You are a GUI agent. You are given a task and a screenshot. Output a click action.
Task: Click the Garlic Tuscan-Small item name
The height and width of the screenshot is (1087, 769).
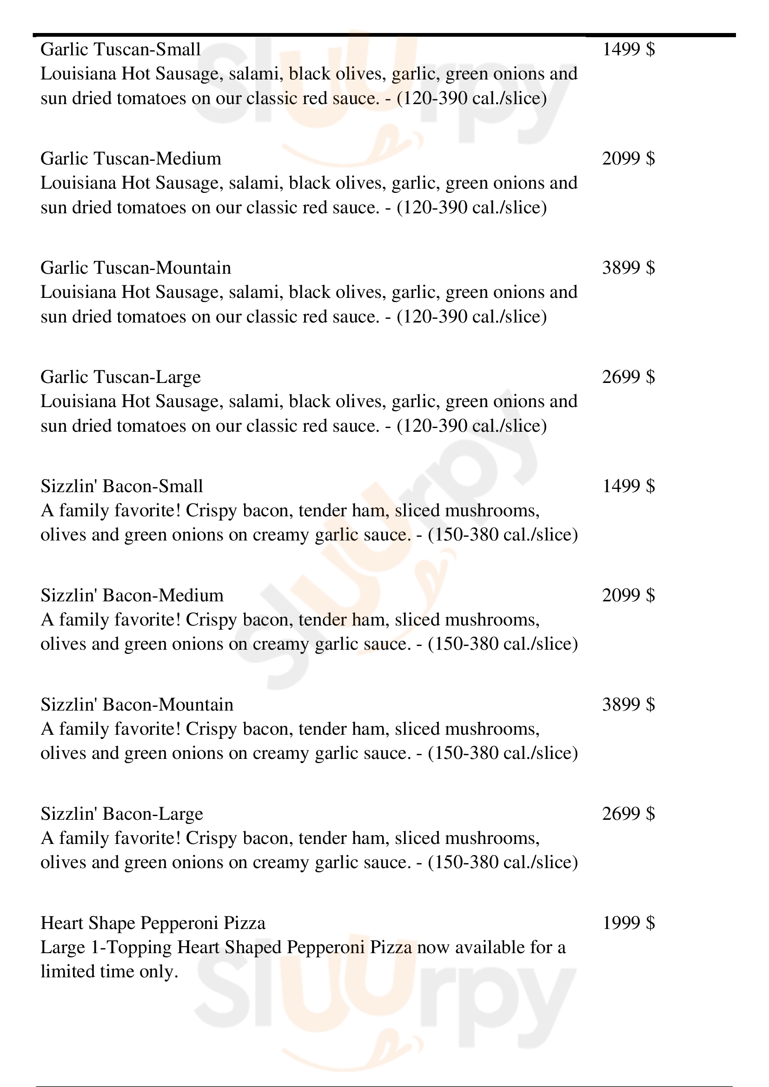point(120,49)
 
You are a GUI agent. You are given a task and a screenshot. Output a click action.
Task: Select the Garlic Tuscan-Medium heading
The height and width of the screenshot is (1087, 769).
point(131,158)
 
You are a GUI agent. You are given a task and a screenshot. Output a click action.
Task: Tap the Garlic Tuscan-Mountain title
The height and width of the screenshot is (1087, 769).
point(135,268)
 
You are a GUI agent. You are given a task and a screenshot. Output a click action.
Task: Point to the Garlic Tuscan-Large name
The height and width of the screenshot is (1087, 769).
point(120,377)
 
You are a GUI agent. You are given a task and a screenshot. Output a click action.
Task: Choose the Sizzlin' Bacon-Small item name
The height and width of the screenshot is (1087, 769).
point(122,486)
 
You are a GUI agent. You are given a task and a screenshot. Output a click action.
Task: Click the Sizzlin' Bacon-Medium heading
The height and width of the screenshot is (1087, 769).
point(132,595)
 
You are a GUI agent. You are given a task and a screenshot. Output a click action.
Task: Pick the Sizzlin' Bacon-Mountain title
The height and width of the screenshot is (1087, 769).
point(137,705)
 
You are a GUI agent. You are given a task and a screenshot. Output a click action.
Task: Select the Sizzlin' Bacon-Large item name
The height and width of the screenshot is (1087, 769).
point(122,813)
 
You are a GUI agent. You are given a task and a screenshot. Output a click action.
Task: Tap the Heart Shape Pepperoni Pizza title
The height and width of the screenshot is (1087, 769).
point(153,923)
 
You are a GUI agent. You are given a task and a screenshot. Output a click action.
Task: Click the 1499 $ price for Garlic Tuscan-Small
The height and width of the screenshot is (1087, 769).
point(629,49)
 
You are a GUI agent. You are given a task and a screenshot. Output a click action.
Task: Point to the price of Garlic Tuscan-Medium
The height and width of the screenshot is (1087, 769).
point(629,158)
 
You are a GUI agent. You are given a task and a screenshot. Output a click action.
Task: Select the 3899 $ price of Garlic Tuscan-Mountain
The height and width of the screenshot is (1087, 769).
point(629,268)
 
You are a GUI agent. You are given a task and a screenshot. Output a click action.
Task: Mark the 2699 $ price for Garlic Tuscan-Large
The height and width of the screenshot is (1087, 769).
point(629,377)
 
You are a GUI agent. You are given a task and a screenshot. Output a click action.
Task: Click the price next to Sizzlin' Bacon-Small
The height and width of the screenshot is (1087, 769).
point(629,486)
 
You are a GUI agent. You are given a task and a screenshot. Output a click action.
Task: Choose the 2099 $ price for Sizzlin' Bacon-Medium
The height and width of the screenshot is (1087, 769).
point(629,595)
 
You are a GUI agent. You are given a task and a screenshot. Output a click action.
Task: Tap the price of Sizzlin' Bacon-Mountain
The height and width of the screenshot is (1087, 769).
point(629,705)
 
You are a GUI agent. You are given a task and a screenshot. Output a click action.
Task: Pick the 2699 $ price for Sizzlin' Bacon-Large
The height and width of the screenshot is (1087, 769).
point(629,813)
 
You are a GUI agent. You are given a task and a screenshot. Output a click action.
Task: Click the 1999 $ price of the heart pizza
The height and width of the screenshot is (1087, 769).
point(629,923)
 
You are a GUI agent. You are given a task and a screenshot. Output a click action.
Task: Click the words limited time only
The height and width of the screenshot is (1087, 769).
point(109,971)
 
